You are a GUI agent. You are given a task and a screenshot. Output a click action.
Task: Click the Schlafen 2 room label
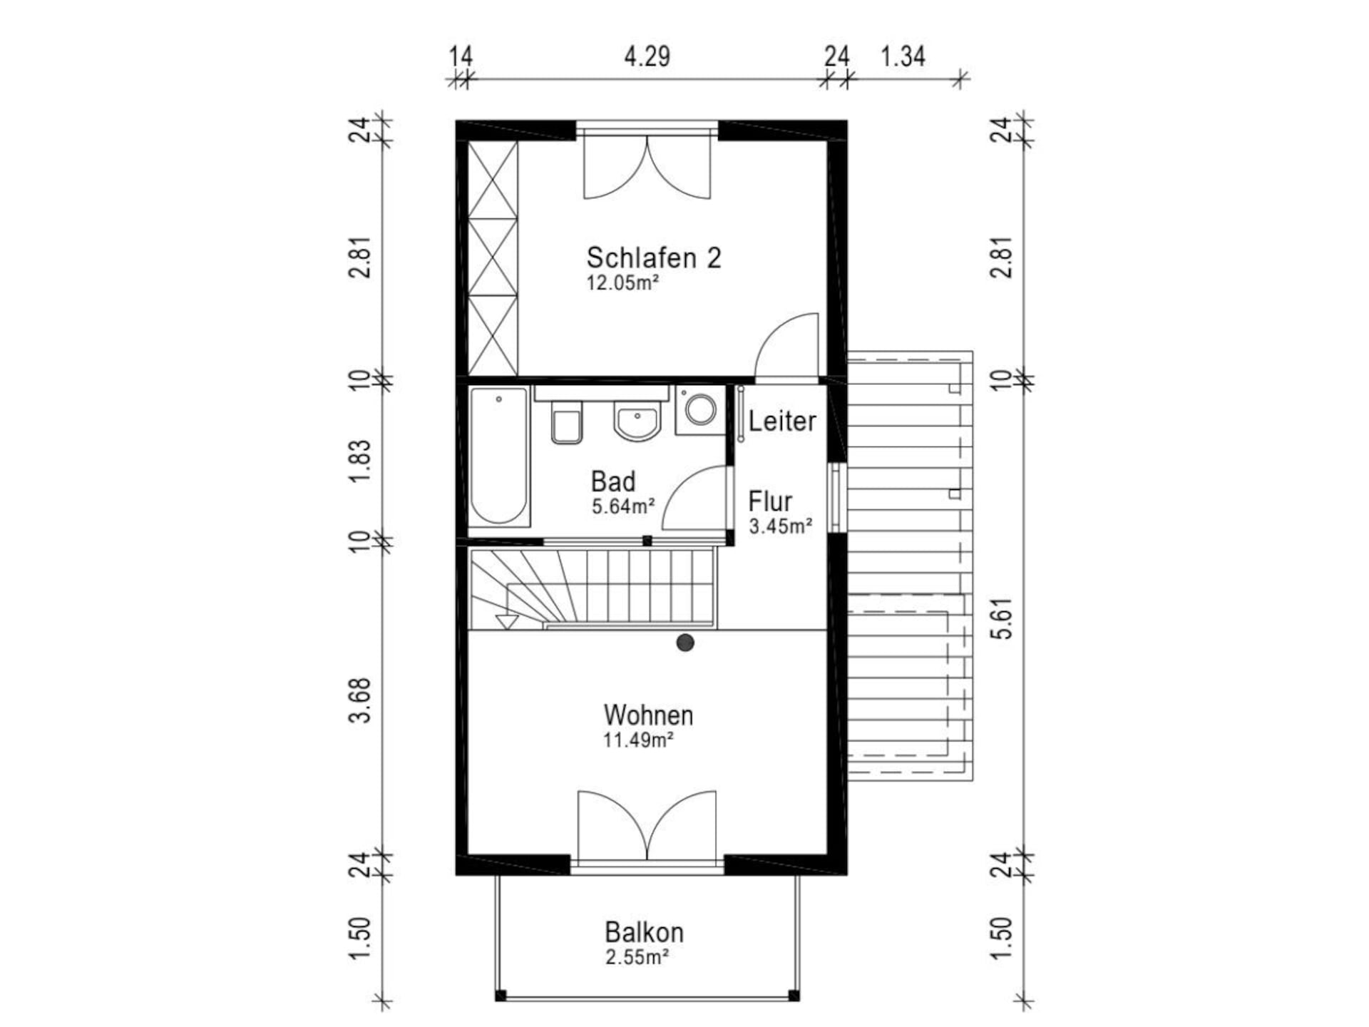coord(654,257)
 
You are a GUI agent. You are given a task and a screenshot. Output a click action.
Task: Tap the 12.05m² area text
coord(622,283)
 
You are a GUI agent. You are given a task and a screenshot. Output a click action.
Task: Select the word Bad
coord(613,481)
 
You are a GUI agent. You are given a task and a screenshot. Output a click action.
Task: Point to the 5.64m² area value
coord(623,506)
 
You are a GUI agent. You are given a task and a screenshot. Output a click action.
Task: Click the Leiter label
coord(782,421)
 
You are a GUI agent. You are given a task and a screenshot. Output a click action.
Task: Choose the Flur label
coord(770,501)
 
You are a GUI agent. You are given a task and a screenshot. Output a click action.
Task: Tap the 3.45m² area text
coord(781,526)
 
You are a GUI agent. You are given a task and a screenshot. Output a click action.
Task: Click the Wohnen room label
coord(648,715)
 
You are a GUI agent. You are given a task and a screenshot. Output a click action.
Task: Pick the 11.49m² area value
coord(638,740)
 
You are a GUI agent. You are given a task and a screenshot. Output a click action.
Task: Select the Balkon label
coord(644,932)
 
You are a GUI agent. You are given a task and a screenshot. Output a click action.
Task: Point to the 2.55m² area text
coord(637,957)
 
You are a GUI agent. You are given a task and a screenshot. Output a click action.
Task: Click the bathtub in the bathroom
coord(498,456)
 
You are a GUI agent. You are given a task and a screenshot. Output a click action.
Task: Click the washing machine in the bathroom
coord(699,410)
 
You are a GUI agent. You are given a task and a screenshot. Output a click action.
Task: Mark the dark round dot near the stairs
coord(685,643)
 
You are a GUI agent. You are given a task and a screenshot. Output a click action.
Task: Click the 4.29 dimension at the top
coord(647,56)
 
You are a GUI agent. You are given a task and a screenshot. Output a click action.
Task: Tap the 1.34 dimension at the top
coord(903,56)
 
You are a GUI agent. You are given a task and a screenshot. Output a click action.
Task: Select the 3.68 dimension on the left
coord(360,700)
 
